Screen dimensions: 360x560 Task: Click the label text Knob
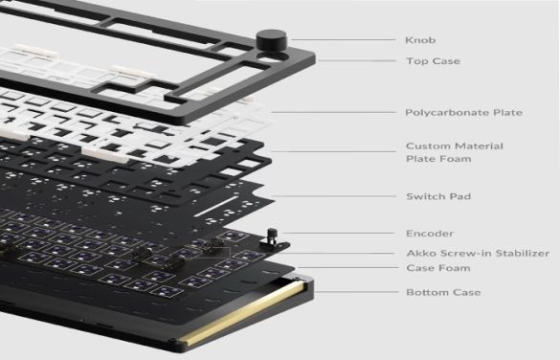pos(422,41)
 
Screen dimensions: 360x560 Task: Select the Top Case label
pos(433,61)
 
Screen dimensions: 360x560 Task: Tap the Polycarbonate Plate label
pos(463,113)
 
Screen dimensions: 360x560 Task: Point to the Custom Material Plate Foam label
pos(454,153)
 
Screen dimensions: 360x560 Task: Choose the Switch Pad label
pos(437,196)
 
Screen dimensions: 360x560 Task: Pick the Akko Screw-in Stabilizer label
pos(477,253)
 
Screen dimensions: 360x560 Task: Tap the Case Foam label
pos(437,270)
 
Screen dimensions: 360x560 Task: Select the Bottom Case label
pos(442,292)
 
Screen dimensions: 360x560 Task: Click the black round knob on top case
pos(271,41)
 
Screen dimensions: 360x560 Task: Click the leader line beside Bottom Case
pos(354,291)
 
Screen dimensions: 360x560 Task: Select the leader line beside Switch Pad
pos(335,196)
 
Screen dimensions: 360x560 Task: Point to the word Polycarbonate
pos(441,113)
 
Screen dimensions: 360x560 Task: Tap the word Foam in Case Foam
pos(452,270)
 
